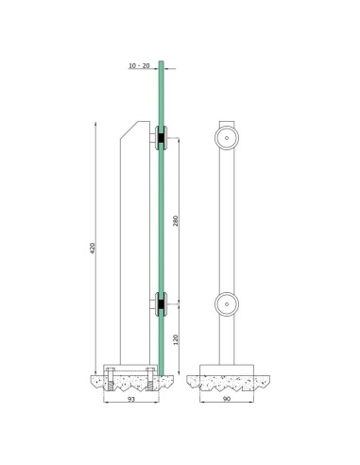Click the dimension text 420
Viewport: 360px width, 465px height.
point(93,249)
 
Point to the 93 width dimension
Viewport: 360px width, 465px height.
point(130,400)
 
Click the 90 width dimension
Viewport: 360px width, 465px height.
point(227,400)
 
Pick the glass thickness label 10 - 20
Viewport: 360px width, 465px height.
point(139,66)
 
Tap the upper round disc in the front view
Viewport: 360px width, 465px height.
point(227,139)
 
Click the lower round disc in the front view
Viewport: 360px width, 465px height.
point(227,303)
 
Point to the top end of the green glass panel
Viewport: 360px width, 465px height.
point(162,64)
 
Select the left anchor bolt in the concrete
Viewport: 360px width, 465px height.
point(111,381)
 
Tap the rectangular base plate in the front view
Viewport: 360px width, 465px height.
point(227,369)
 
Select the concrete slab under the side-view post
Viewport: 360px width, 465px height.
point(129,383)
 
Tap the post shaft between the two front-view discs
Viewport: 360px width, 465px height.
point(227,221)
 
